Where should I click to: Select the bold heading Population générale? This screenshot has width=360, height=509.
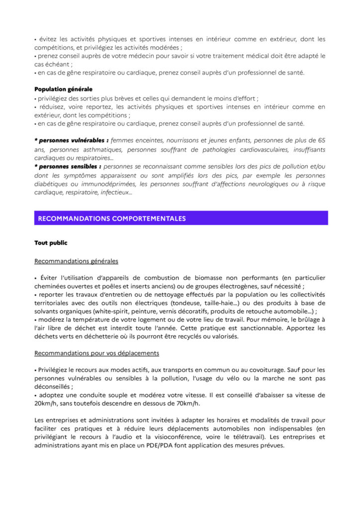pyautogui.click(x=63, y=89)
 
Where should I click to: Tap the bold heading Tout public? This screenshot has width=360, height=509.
pyautogui.click(x=51, y=243)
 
